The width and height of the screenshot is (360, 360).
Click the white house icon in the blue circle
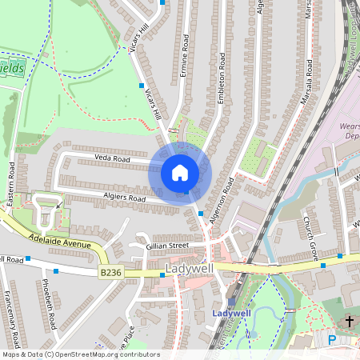click(x=180, y=173)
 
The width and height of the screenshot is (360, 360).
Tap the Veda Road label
click(x=112, y=159)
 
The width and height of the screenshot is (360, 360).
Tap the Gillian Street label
click(x=167, y=246)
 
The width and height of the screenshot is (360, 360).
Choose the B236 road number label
click(x=111, y=274)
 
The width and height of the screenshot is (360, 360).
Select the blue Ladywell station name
click(x=231, y=313)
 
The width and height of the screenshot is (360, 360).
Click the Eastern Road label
click(x=11, y=185)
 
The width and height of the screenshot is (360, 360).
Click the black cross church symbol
click(x=349, y=321)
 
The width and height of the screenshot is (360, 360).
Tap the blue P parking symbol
click(x=333, y=341)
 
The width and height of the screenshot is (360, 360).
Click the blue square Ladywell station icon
click(x=233, y=302)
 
